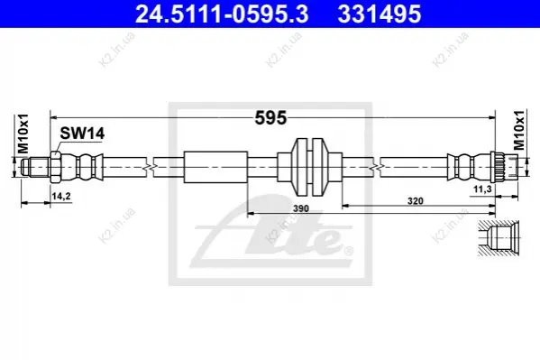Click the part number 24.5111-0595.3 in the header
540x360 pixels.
coord(222,14)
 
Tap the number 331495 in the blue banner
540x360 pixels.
coord(380,14)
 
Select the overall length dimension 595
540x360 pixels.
coord(270,118)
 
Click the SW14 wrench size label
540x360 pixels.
coord(82,134)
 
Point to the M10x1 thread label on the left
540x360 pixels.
coord(23,134)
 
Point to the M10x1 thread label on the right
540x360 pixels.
coord(519,130)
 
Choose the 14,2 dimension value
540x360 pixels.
coord(61,196)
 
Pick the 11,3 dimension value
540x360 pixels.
coord(482,189)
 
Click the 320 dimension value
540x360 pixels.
coord(415,200)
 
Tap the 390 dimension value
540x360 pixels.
coord(300,208)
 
